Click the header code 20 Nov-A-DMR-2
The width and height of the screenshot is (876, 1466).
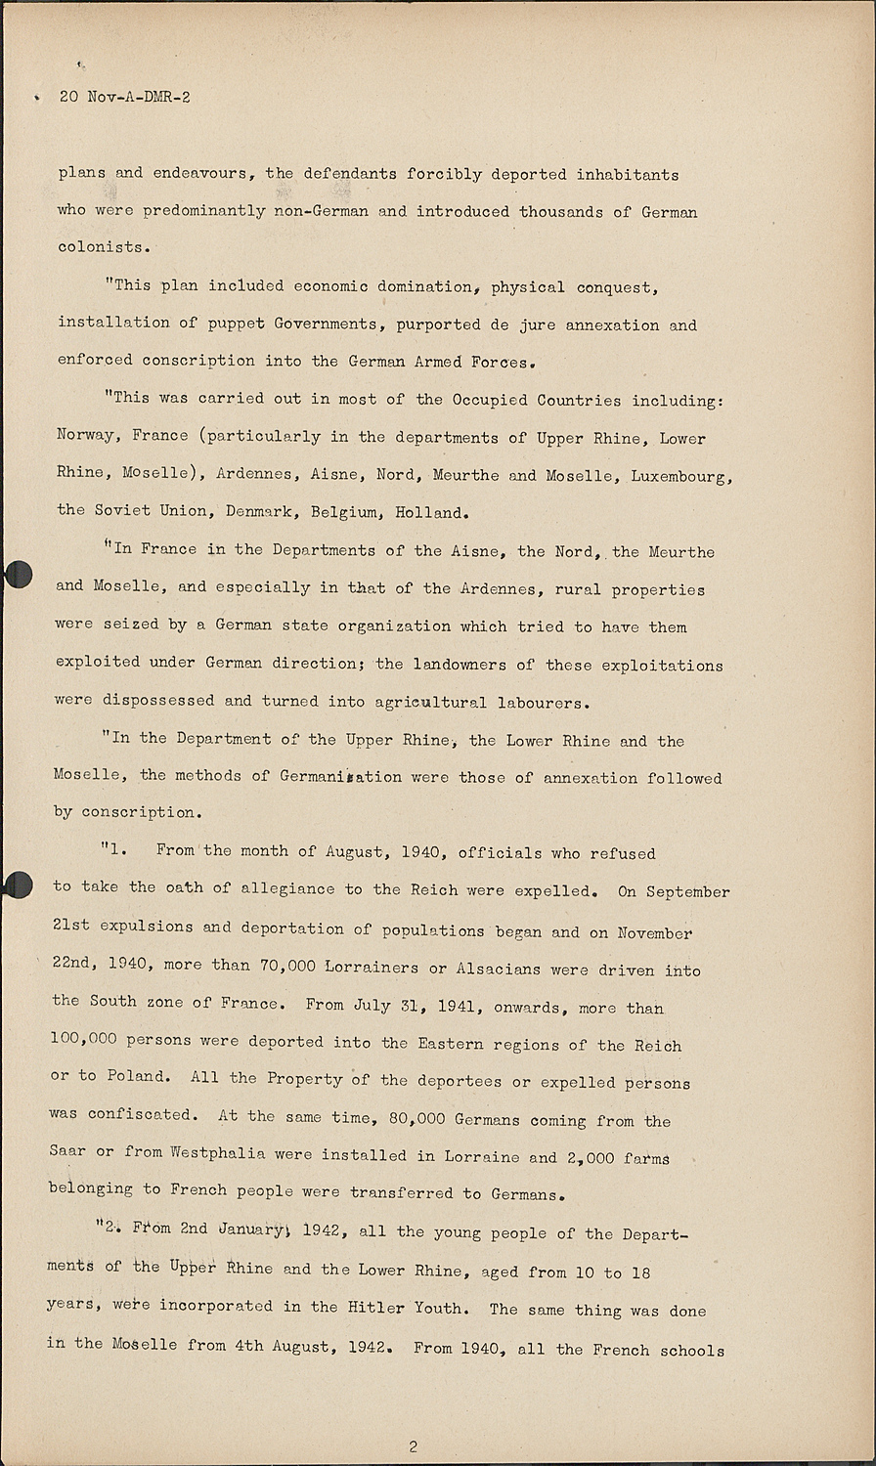click(x=124, y=97)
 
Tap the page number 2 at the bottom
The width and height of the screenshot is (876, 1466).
click(x=414, y=1446)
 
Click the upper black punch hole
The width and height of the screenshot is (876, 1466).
click(x=18, y=575)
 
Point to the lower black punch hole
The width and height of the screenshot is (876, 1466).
click(x=18, y=884)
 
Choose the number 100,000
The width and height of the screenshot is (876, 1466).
click(x=83, y=1041)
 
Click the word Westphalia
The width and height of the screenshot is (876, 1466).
click(x=217, y=1153)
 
